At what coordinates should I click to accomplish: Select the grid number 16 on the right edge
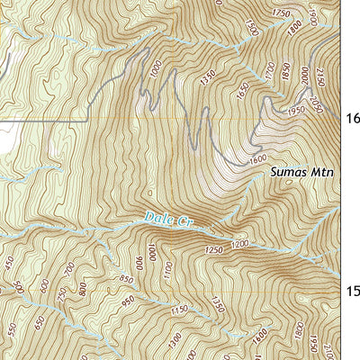(353, 118)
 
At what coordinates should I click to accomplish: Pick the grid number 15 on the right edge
(353, 291)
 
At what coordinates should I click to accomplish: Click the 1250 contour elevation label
(213, 249)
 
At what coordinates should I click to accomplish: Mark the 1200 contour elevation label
(238, 245)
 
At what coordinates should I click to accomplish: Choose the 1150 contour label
(180, 310)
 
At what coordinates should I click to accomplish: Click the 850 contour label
(125, 280)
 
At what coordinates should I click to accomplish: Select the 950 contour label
(129, 301)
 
